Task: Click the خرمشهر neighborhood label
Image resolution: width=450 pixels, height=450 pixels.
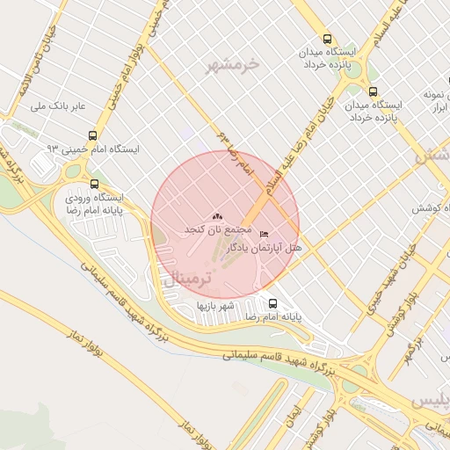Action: point(233,66)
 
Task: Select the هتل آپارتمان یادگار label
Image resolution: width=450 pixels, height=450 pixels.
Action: point(265,249)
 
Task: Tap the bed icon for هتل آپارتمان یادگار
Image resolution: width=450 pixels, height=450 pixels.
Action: point(265,235)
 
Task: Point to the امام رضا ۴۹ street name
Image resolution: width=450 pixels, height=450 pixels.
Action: point(235,151)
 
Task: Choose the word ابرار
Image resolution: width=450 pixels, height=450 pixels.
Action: point(431,106)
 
